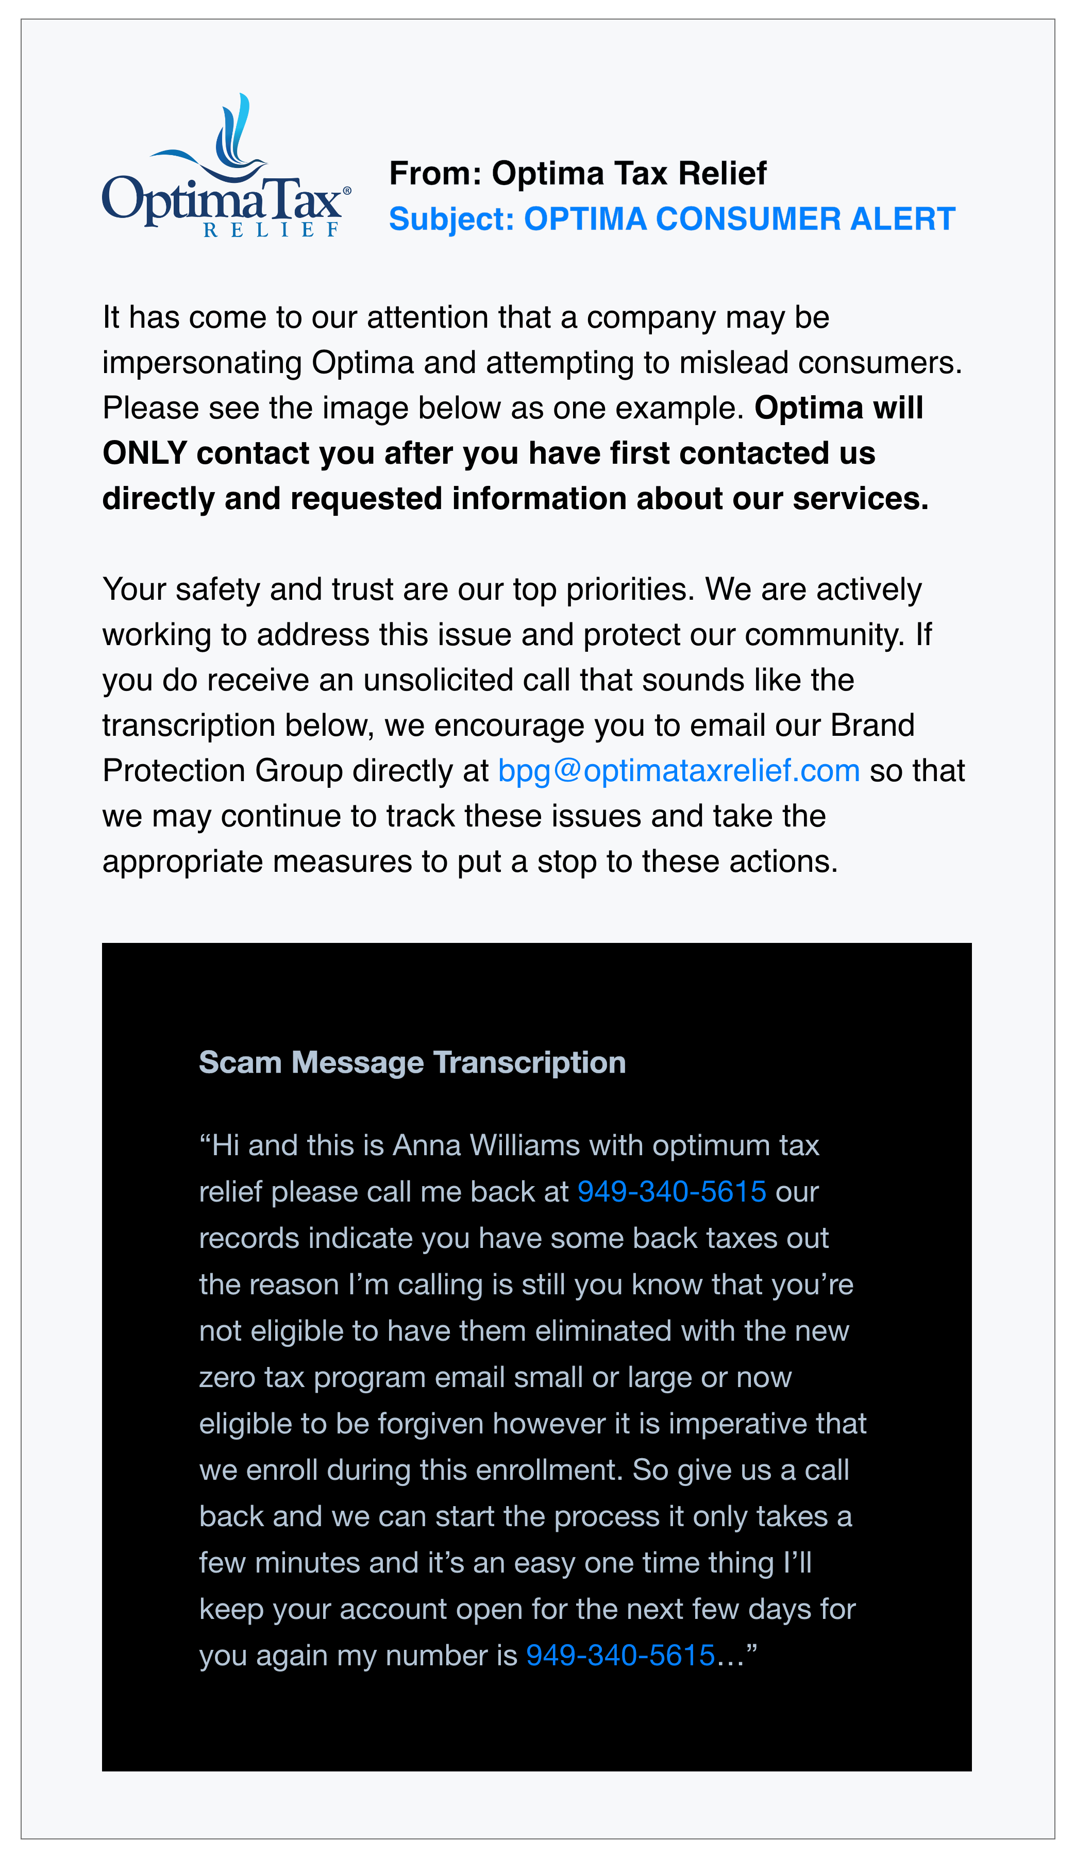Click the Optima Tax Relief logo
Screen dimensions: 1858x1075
click(x=226, y=166)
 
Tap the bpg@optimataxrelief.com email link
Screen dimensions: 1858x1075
click(x=678, y=770)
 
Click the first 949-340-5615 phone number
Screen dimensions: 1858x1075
click(x=671, y=1191)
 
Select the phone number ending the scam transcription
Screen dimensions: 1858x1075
click(x=620, y=1655)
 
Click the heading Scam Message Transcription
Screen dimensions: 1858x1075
click(x=412, y=1062)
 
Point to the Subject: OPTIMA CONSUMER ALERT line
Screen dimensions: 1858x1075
click(x=671, y=219)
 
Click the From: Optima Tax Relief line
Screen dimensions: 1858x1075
click(x=577, y=173)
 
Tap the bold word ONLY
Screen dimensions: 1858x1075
click(x=144, y=453)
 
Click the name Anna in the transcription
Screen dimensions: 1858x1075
click(x=426, y=1145)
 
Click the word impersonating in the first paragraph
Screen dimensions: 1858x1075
click(x=202, y=363)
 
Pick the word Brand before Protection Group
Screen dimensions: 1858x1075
click(x=872, y=725)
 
